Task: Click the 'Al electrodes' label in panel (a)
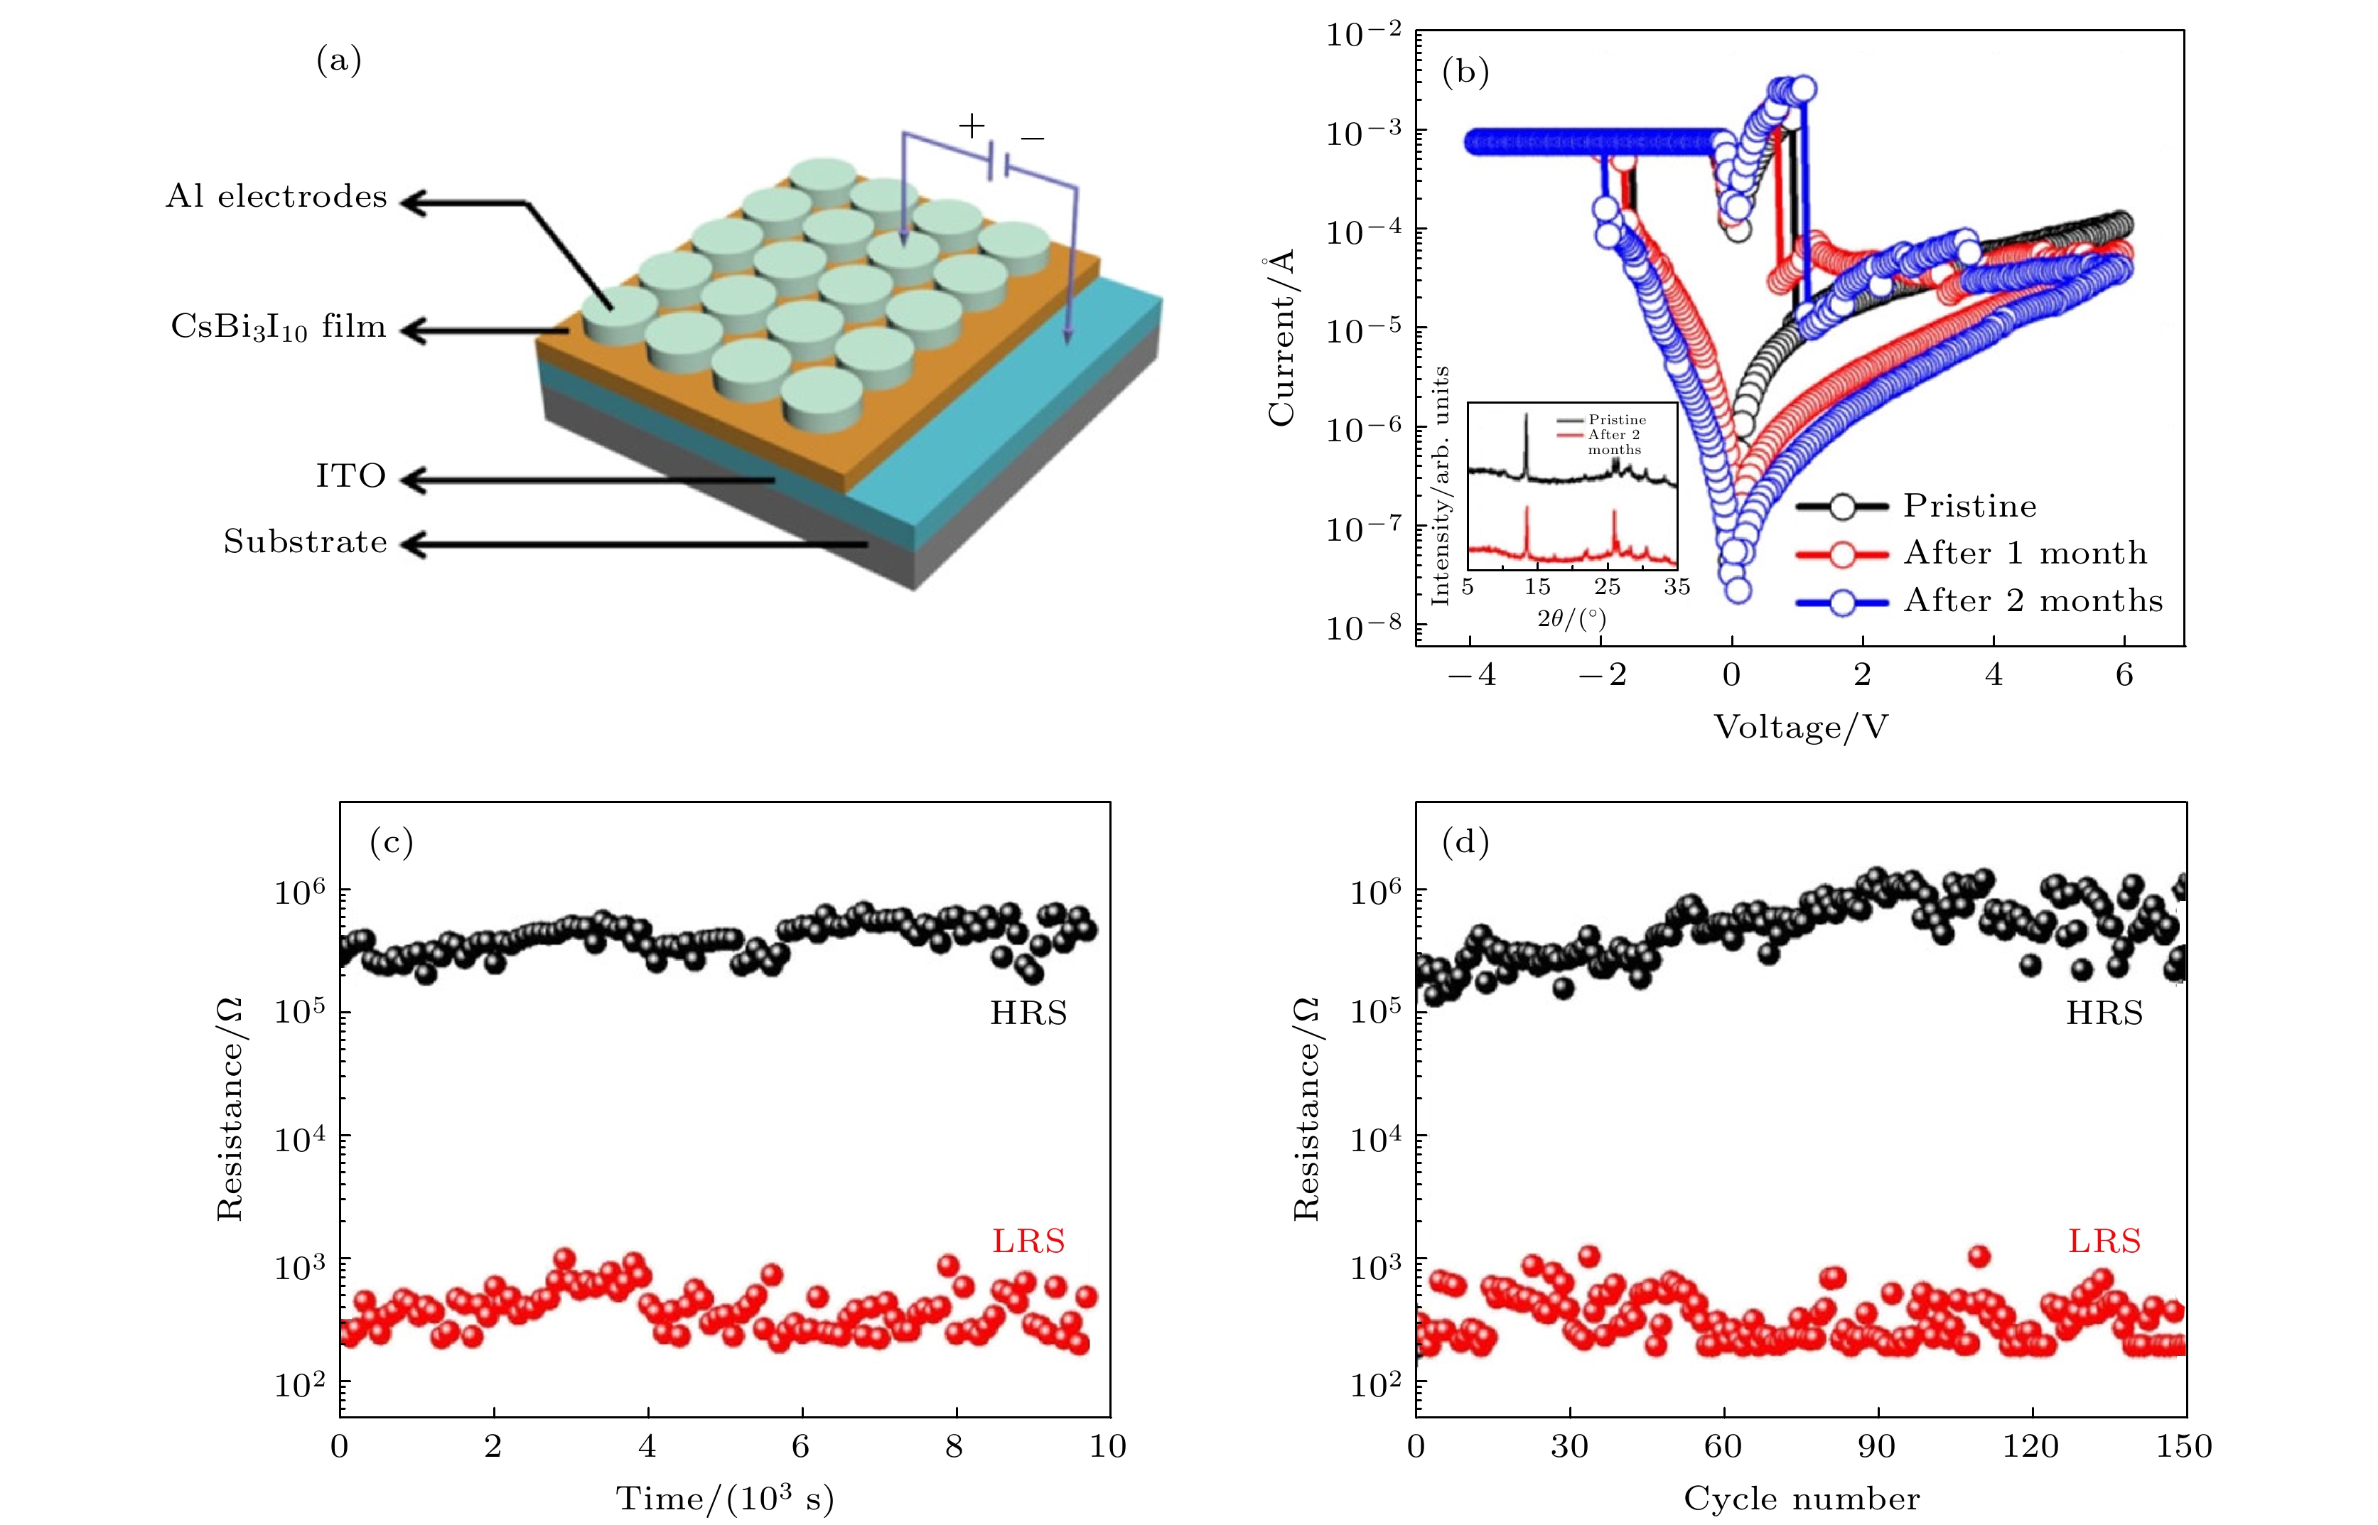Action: pos(276,197)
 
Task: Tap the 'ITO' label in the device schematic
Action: pos(350,476)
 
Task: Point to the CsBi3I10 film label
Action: pos(279,327)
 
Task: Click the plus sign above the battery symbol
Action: pos(972,126)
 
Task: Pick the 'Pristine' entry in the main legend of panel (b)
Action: pos(1969,506)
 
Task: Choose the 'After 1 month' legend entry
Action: pos(2025,553)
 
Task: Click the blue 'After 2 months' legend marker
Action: pos(1842,602)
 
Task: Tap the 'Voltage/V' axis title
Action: pos(1801,728)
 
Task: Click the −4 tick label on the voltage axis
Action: pos(1472,675)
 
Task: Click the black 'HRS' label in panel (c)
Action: pos(1028,1013)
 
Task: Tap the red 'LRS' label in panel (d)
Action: pos(2104,1241)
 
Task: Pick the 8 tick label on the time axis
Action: pos(954,1447)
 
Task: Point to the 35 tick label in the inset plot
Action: pos(1677,586)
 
